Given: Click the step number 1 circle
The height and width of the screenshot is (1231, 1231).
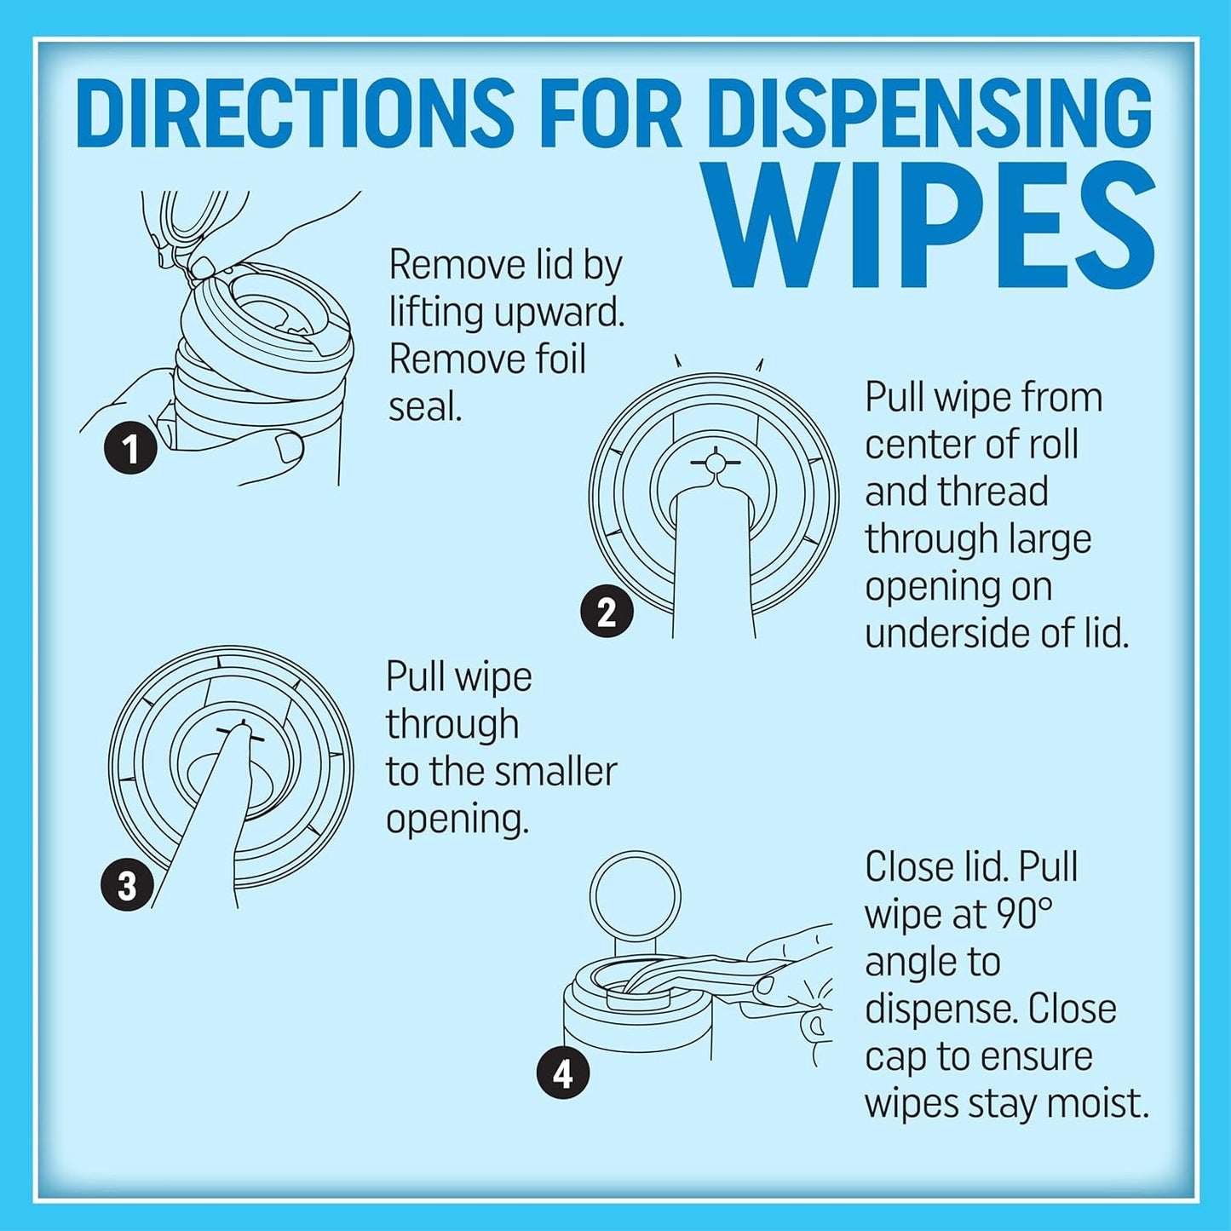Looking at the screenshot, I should pos(130,449).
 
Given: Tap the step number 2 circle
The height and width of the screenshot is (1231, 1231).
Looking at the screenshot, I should pos(607,612).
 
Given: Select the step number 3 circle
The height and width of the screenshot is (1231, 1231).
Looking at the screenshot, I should pos(127,885).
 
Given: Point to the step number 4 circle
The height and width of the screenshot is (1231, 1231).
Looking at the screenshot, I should pos(563,1074).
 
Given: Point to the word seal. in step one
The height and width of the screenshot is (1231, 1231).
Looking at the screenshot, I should pos(425,406).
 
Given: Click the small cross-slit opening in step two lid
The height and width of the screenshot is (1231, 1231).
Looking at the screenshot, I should pos(716,462).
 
